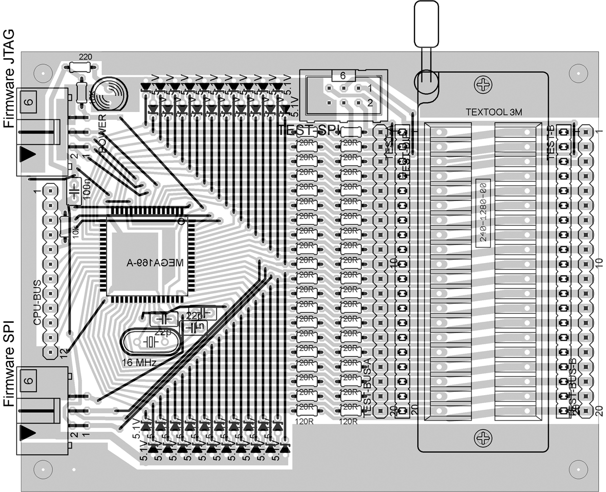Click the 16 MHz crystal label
tap(139, 362)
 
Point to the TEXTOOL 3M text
tap(494, 112)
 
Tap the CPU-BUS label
tap(38, 303)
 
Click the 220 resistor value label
tap(85, 57)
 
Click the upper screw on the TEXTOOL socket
tap(484, 86)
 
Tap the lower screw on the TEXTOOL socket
tap(484, 437)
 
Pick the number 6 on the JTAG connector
tap(29, 101)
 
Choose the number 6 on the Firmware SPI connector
tap(29, 380)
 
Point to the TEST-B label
tap(550, 142)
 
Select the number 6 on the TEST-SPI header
tap(342, 76)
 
